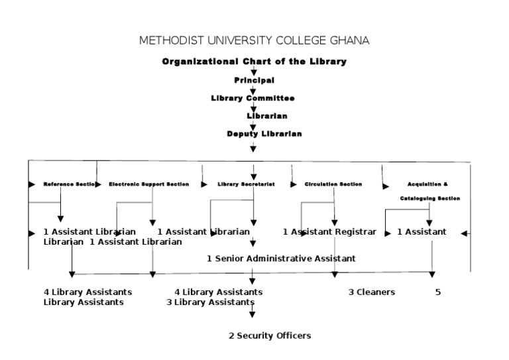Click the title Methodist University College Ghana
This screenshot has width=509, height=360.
pyautogui.click(x=254, y=40)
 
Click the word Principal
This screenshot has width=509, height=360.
pyautogui.click(x=254, y=80)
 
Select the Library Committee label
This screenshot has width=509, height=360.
pyautogui.click(x=253, y=98)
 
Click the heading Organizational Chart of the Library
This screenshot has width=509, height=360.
pyautogui.click(x=254, y=62)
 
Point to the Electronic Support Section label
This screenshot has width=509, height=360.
pyautogui.click(x=148, y=184)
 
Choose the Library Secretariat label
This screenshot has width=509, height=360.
pyautogui.click(x=246, y=184)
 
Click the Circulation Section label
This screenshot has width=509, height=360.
pyautogui.click(x=333, y=184)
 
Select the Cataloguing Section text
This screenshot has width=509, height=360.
pyautogui.click(x=429, y=198)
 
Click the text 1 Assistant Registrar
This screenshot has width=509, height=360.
pyautogui.click(x=329, y=232)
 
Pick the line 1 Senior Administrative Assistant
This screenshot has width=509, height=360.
pyautogui.click(x=281, y=259)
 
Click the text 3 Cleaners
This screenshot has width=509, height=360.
pyautogui.click(x=371, y=292)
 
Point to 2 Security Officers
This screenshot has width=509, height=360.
pyautogui.click(x=270, y=336)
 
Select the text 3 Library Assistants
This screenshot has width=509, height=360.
pyautogui.click(x=209, y=302)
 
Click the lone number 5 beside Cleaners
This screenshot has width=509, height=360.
pyautogui.click(x=438, y=292)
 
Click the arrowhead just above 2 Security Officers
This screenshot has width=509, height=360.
pyautogui.click(x=253, y=316)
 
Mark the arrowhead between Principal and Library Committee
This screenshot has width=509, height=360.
pyautogui.click(x=253, y=90)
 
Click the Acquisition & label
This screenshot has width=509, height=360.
pyautogui.click(x=427, y=184)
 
